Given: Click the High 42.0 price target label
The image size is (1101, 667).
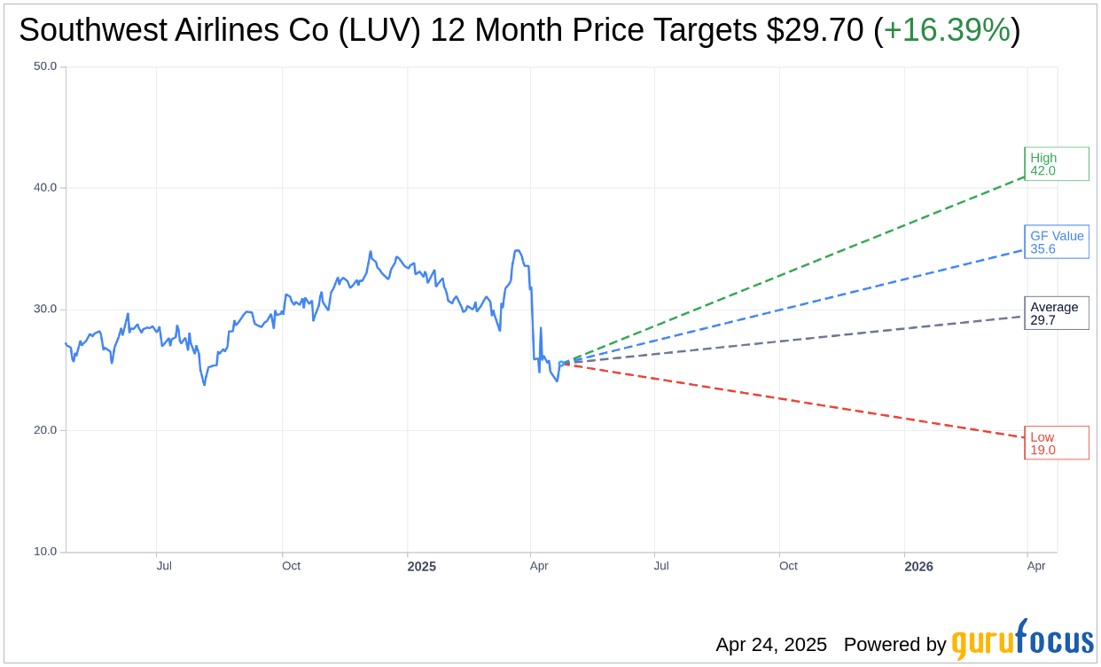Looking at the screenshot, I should tap(1055, 164).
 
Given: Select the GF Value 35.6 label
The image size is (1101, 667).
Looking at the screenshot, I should tap(1056, 242).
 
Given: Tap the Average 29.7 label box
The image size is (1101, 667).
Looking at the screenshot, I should tap(1055, 313).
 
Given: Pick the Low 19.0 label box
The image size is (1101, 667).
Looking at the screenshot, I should tap(1055, 443).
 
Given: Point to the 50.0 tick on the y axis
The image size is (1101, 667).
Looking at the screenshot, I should tap(45, 67).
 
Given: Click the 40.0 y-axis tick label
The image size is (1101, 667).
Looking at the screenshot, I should tap(45, 188).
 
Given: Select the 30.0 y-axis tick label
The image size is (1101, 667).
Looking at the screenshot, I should tap(45, 310).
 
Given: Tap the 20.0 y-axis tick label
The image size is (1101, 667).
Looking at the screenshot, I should tap(45, 430).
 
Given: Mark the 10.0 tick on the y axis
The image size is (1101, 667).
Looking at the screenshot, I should tap(45, 552).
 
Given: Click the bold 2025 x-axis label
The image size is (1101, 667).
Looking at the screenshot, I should tap(421, 566).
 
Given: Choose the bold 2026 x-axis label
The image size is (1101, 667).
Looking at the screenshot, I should tap(918, 566).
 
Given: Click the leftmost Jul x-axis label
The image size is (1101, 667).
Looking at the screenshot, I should tap(164, 566).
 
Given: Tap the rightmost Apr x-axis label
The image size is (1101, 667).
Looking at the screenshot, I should tap(1035, 566).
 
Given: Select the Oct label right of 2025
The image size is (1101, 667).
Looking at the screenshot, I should tap(788, 566).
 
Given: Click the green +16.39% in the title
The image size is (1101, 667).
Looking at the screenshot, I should tap(947, 31).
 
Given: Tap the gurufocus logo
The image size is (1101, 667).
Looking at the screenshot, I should tap(1022, 641).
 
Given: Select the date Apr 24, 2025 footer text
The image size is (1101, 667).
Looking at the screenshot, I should tap(771, 645).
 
